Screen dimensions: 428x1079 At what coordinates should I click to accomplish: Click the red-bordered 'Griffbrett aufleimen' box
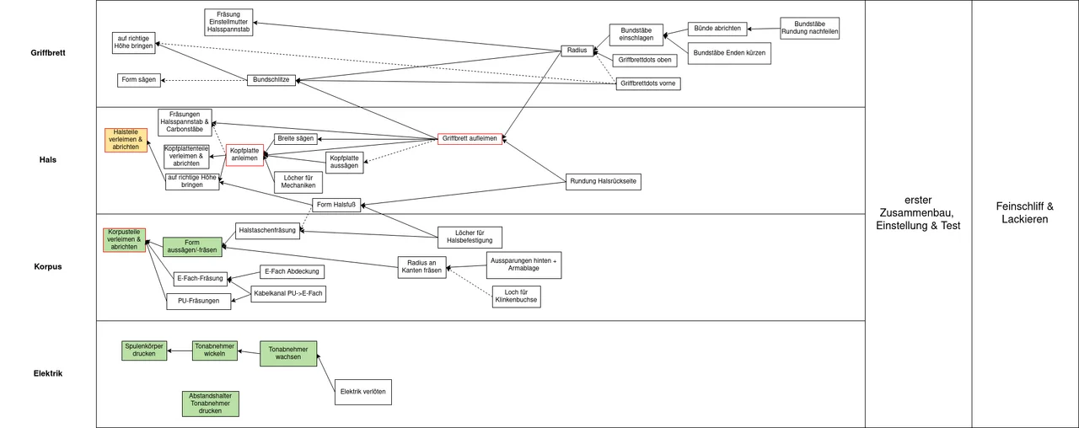click(x=470, y=138)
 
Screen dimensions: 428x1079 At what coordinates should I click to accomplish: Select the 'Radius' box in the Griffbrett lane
click(x=577, y=51)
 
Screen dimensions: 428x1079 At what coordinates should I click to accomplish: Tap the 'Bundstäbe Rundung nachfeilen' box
click(x=809, y=29)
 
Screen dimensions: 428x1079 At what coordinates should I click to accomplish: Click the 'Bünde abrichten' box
click(x=717, y=29)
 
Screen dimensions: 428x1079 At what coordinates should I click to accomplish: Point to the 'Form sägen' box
click(x=138, y=80)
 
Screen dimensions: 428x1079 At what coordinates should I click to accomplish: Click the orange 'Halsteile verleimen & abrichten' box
click(x=126, y=140)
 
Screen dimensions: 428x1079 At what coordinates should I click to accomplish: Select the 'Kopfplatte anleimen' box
click(x=244, y=155)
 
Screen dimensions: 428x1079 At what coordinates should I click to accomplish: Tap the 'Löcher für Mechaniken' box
click(x=298, y=182)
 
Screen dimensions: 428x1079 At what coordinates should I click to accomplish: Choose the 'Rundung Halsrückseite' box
click(x=604, y=182)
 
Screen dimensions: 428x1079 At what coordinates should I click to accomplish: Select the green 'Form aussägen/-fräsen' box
click(x=191, y=247)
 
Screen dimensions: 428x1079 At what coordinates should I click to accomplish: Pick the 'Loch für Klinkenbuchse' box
click(x=516, y=297)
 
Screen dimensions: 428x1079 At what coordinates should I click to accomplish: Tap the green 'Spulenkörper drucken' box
click(x=144, y=350)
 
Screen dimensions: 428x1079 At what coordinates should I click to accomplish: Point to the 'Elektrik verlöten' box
click(x=362, y=392)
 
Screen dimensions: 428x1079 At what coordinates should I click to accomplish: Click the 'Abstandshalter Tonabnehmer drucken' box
click(x=210, y=404)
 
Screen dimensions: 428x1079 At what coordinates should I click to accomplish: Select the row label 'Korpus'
click(x=49, y=267)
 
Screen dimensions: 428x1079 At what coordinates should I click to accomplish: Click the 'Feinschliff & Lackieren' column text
click(x=1024, y=212)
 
